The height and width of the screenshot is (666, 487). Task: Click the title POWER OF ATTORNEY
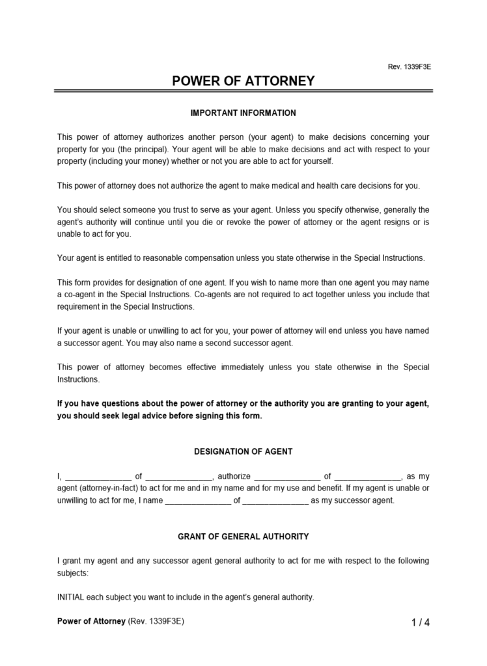(243, 81)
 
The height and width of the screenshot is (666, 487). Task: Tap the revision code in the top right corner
(409, 67)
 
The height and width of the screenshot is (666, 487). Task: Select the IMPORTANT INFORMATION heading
(243, 113)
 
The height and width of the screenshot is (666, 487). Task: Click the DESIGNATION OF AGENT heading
(243, 451)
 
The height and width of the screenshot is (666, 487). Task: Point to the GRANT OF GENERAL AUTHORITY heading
(243, 537)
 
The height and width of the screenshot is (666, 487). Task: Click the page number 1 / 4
(421, 622)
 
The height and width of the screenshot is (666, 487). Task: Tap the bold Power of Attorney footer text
(91, 621)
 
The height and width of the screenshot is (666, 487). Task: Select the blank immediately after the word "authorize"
(286, 477)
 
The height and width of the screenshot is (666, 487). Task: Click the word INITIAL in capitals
(70, 596)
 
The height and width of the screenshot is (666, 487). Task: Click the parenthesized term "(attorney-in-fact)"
(114, 488)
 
